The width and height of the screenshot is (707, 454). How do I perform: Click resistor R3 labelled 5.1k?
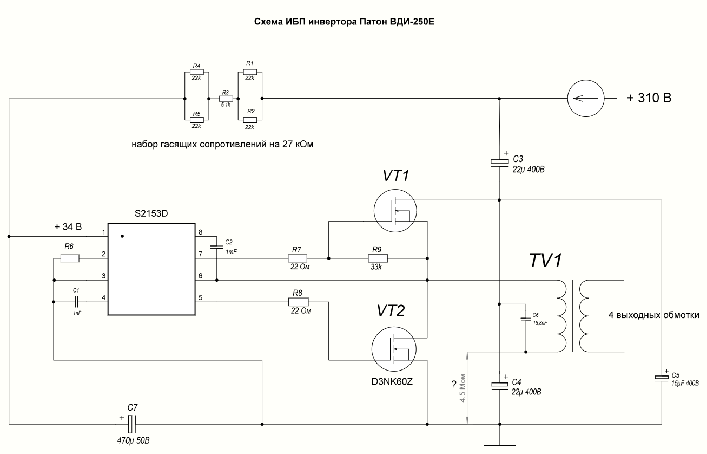pos(226,99)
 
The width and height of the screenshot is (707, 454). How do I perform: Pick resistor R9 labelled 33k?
pos(378,258)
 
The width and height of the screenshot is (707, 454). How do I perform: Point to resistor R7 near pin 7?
pos(296,258)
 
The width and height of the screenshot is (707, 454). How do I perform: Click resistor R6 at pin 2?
pos(70,258)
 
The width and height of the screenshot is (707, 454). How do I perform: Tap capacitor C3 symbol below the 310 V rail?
pos(499,161)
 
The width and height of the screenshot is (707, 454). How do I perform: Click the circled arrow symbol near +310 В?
pos(585,99)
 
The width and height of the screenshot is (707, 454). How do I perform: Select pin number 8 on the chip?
pos(201,232)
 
